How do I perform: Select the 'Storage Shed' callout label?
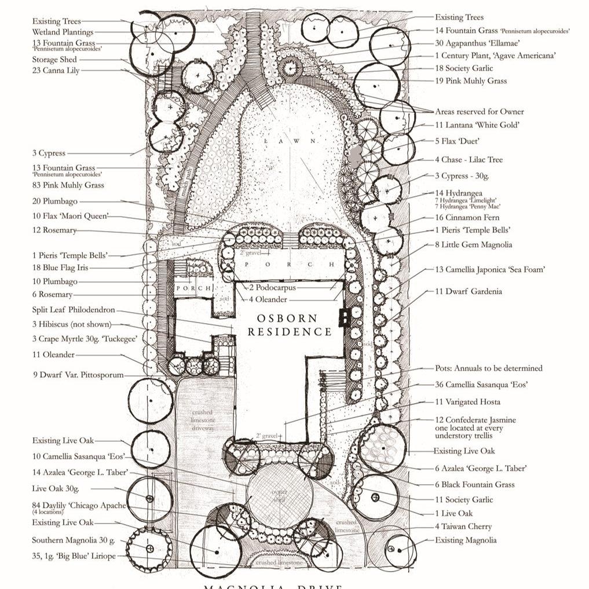54,60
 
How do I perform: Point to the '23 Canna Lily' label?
56,71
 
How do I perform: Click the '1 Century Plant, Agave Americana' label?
496,56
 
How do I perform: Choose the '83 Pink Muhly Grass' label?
68,185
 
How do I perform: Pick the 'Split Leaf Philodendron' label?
74,310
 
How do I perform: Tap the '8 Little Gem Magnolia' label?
473,244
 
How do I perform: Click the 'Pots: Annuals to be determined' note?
488,368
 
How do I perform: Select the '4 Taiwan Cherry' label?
463,526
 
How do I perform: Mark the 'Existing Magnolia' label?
466,540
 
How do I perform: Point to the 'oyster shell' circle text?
280,496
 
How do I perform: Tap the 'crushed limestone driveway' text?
203,420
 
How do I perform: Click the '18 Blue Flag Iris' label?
60,268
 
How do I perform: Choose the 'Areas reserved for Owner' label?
479,111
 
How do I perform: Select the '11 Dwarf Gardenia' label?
469,291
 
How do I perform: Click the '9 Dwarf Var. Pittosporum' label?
78,375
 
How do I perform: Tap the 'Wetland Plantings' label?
63,32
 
